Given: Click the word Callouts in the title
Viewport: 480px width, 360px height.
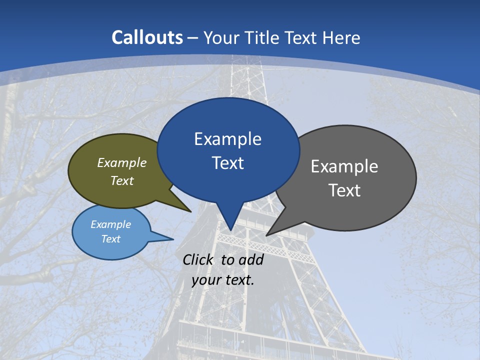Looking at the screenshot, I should point(147,37).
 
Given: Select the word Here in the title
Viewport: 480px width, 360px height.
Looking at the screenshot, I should point(342,37).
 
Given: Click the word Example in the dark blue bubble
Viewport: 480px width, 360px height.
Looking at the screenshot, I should point(227,139).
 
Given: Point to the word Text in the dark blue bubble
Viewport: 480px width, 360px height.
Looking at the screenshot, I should point(227,163).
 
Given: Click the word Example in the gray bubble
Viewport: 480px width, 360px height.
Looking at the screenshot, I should point(344,166).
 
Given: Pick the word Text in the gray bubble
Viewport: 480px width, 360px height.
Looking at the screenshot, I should point(344,190).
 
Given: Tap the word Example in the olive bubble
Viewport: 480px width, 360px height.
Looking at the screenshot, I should point(122,163).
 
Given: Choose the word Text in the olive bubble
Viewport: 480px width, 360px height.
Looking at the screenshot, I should point(122,181).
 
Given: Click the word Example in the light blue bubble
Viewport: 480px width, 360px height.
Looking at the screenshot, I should point(111,224).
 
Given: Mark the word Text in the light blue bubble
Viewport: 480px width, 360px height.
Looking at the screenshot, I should point(111,239).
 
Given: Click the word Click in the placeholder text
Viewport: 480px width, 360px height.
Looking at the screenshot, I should point(198,259).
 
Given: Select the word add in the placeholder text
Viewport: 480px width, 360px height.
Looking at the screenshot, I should point(250,259).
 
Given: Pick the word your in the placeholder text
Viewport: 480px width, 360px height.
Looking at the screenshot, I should point(206,280).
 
